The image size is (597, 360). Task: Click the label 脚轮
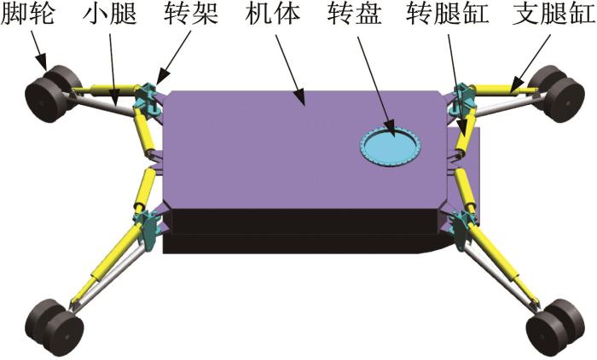pos(27,15)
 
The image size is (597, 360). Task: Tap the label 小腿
pos(110,15)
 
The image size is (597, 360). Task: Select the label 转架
pos(191,15)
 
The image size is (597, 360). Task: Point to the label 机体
pos(273,15)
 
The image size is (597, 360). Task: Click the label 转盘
pos(355,15)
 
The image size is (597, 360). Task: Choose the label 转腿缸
pos(448,15)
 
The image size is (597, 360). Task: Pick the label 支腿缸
pos(554,15)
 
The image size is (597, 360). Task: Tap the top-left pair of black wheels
pos(52,93)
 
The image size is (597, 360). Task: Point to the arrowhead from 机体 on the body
pos(300,96)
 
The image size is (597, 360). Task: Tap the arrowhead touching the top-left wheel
pos(43,62)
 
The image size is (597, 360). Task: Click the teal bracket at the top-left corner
pos(146,98)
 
